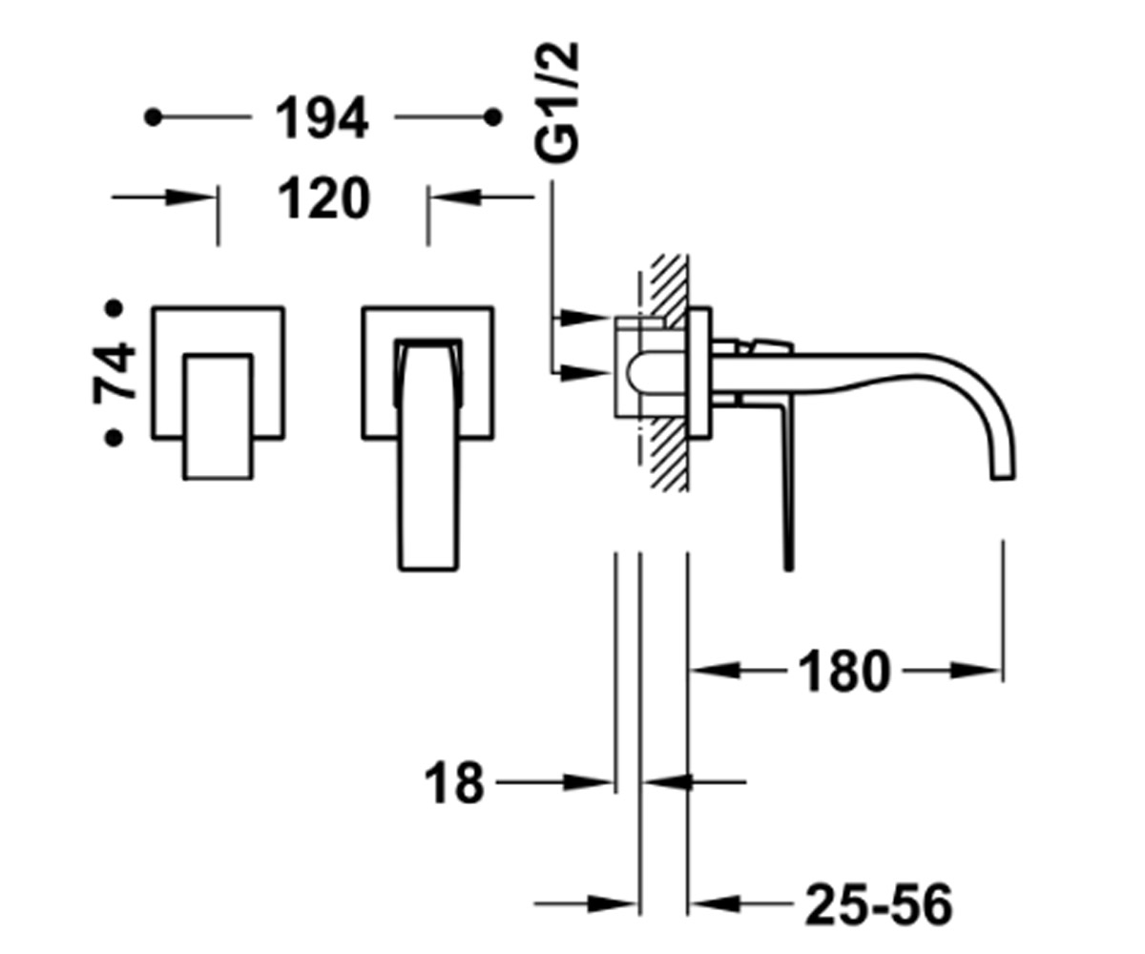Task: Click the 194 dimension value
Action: coord(322,118)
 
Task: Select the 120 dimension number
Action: coord(324,197)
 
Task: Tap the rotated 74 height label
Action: coord(114,372)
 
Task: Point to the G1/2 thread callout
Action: coord(556,102)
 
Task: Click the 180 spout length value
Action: coord(843,671)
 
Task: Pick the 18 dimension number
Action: coord(454,782)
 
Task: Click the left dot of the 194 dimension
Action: coord(154,116)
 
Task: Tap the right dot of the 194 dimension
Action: coord(493,116)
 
